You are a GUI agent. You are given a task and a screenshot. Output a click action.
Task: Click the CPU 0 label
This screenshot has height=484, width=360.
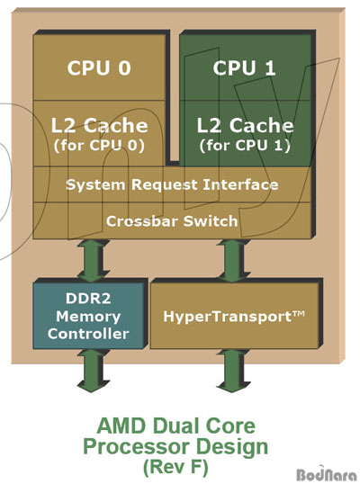99,67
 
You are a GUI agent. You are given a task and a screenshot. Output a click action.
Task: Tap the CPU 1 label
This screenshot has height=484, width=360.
244,67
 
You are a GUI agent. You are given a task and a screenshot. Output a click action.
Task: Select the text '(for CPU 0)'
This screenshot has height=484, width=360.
99,146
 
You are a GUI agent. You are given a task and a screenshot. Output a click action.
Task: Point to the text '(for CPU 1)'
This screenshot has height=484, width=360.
245,146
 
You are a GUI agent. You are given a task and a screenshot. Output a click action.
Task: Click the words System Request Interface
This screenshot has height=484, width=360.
172,185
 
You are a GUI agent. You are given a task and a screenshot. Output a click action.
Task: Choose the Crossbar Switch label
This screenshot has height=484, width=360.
172,221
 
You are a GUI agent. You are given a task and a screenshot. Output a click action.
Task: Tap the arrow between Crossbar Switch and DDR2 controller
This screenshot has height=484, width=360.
93,261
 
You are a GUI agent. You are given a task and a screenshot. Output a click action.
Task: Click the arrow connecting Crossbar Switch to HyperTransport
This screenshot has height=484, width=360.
233,261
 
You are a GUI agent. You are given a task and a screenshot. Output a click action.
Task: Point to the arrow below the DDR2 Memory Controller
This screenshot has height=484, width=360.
93,371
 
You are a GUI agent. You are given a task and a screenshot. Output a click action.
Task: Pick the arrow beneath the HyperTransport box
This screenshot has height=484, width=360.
233,371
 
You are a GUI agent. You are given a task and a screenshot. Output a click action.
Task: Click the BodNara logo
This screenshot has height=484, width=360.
327,474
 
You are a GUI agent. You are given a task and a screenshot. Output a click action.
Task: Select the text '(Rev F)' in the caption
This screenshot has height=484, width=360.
175,467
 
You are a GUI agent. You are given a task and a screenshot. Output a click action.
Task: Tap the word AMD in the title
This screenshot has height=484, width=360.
121,426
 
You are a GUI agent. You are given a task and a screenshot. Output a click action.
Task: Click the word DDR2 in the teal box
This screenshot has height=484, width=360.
88,299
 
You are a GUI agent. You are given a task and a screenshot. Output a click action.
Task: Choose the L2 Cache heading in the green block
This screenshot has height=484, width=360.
246,125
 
